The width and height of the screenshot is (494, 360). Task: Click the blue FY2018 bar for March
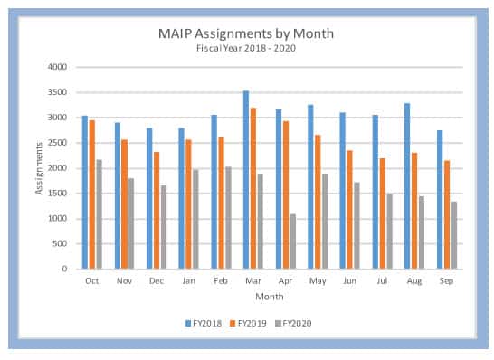246,180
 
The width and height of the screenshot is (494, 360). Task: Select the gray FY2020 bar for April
292,242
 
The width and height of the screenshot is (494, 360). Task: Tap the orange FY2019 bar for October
92,194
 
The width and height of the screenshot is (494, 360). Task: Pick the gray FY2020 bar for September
454,235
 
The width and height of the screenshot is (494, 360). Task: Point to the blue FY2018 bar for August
407,186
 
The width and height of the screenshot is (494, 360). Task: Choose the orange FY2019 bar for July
382,213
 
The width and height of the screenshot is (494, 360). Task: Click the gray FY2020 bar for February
228,218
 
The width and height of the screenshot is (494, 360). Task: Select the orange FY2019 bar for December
157,211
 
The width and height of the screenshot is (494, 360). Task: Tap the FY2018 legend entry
204,324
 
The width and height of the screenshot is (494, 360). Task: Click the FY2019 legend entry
248,324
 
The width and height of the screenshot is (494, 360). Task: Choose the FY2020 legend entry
293,324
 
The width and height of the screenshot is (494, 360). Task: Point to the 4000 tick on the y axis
57,67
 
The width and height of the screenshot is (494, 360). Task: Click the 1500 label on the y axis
57,193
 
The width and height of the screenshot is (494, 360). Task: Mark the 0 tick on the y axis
64,269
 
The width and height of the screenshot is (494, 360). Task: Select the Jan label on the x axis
189,280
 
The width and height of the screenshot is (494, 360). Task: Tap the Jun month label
350,280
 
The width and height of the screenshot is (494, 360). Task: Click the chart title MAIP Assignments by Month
246,33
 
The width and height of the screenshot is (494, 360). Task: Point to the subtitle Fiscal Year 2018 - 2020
246,48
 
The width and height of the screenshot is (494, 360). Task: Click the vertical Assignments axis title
39,168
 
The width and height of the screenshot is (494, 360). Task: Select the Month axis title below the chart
270,297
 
